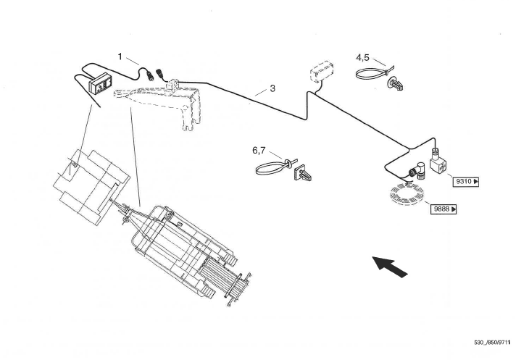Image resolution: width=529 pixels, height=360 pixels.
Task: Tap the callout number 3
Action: tap(272, 89)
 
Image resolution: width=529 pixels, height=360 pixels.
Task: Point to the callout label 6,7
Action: tap(259, 151)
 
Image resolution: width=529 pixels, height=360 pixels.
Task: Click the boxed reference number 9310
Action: tap(465, 181)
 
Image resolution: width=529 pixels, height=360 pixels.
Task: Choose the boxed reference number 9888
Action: tap(445, 210)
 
